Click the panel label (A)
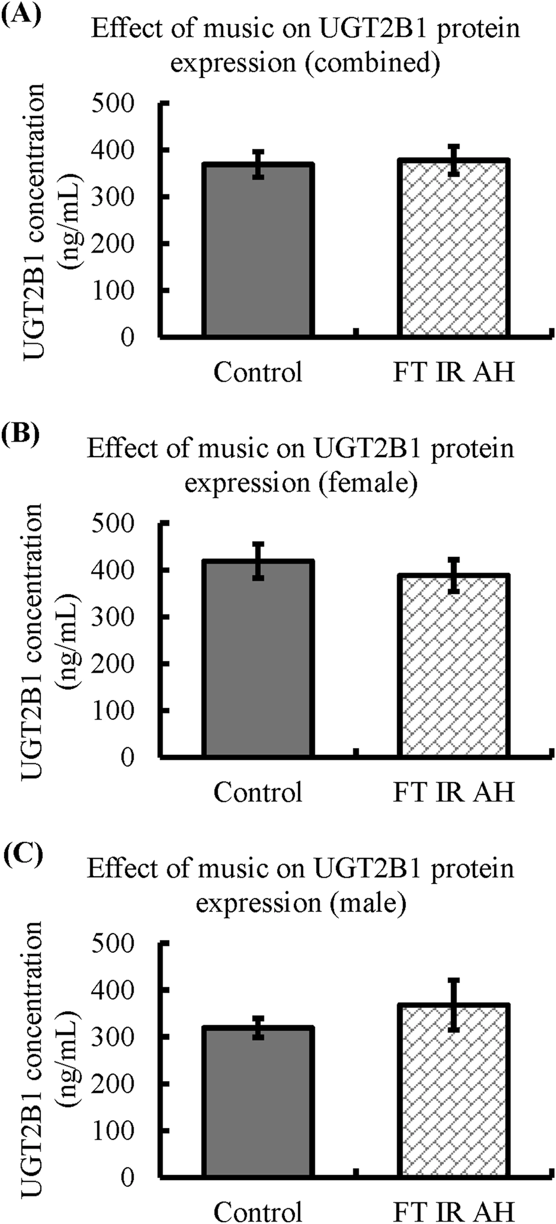20,11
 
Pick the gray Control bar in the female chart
259,658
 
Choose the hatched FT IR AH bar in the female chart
454,665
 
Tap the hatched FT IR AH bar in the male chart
454,1090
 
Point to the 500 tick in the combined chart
121,104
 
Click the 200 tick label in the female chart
121,664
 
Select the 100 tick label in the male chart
121,1130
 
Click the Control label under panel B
259,792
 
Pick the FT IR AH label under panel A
454,372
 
